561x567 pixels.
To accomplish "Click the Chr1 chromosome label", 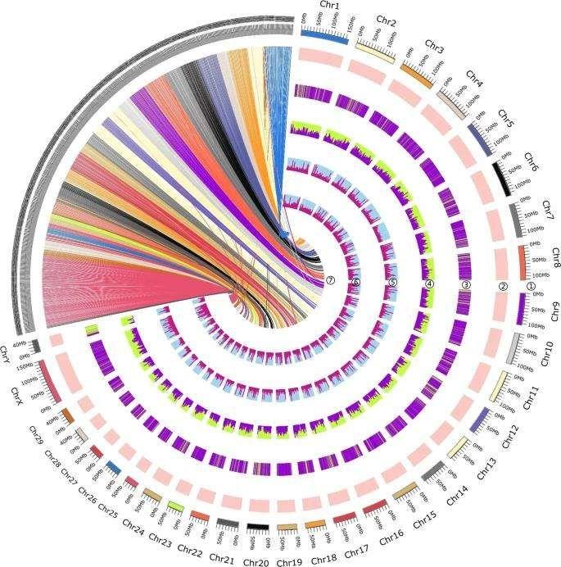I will point(330,6).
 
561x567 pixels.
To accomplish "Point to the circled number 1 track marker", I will point(530,287).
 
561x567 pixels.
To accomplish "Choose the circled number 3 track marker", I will point(465,284).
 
